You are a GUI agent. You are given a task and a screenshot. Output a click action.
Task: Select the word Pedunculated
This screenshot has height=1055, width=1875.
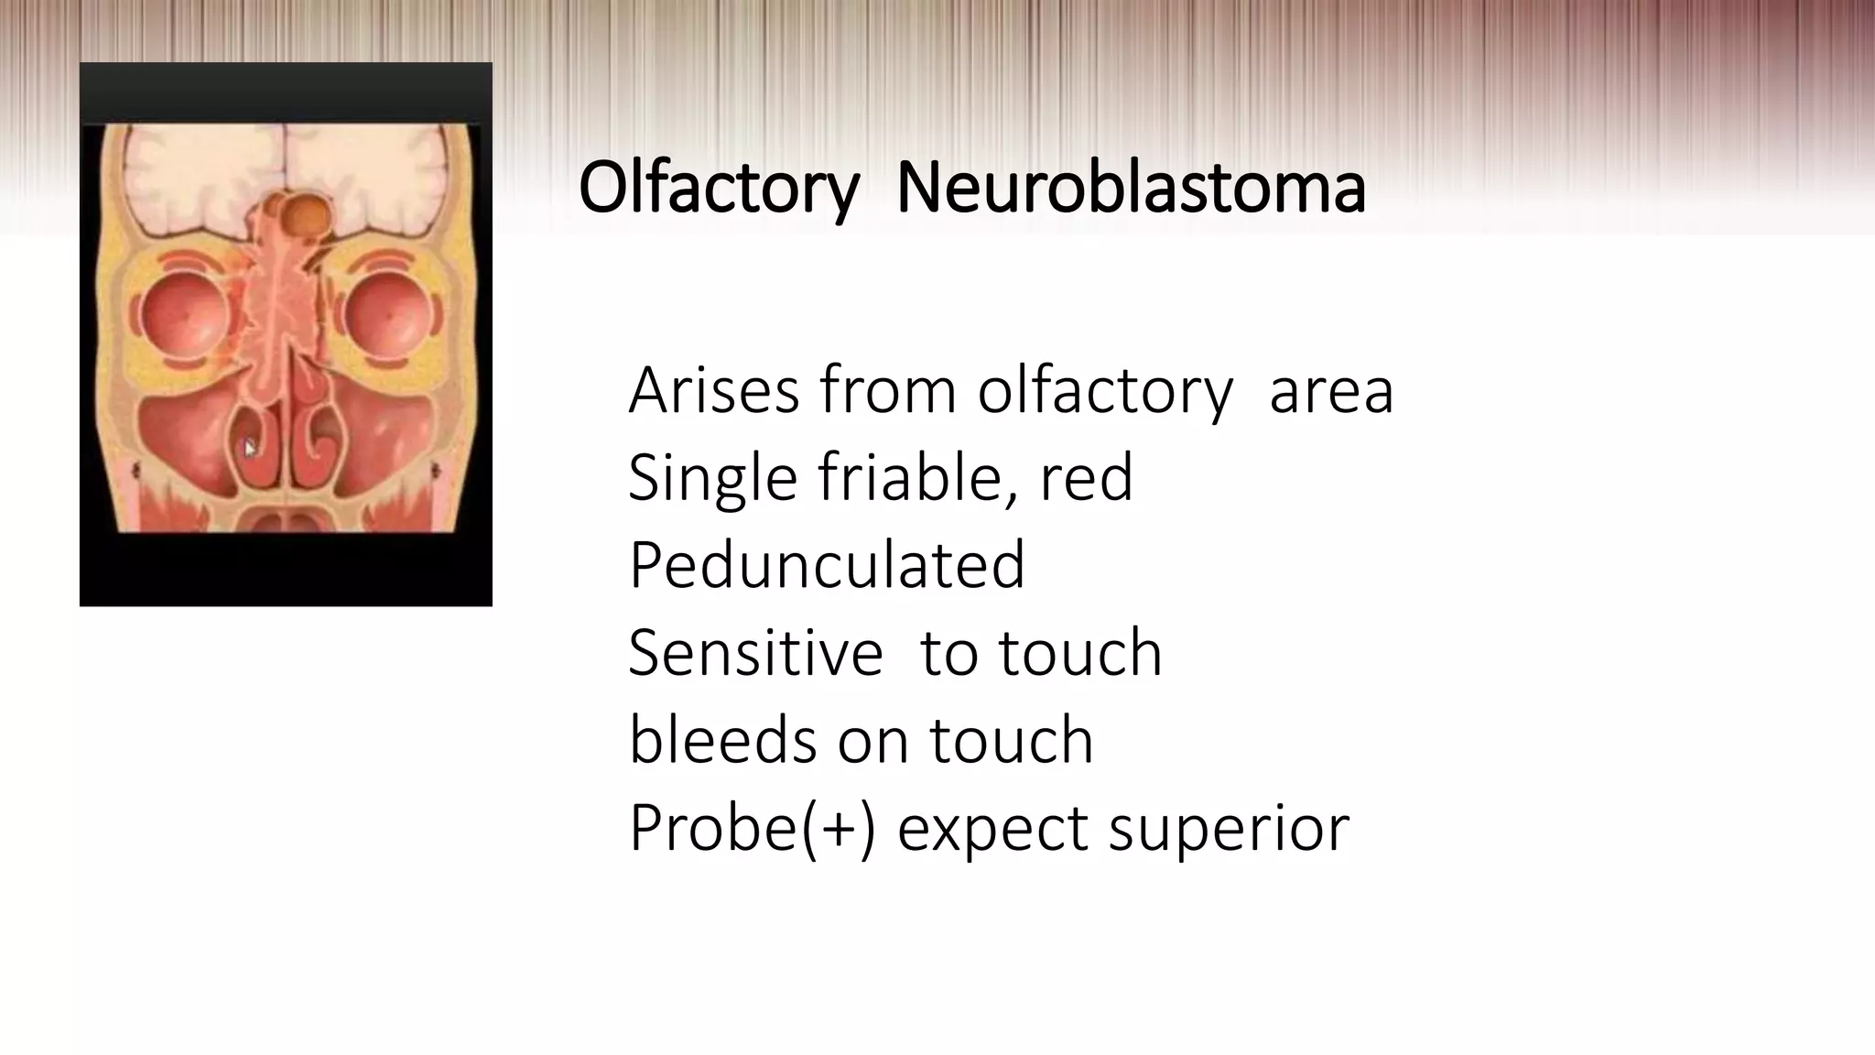click(x=826, y=565)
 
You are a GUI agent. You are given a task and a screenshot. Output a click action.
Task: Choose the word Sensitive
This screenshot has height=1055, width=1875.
click(x=755, y=653)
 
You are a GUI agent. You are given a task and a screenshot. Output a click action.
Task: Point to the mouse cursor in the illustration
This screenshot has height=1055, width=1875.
click(x=249, y=449)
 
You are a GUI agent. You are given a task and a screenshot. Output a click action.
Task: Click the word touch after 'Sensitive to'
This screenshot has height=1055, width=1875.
click(x=1080, y=653)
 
